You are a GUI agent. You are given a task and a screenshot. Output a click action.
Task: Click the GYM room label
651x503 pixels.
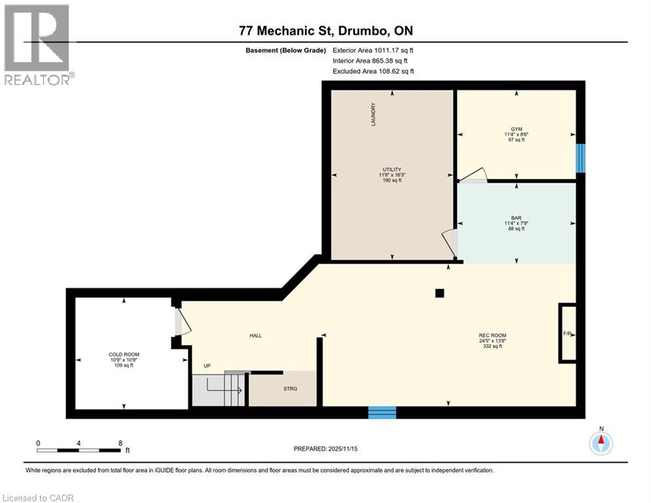click(x=516, y=129)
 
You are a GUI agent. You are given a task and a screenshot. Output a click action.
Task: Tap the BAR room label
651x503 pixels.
click(x=516, y=217)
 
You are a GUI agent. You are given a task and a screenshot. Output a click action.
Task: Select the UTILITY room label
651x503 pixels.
click(x=392, y=169)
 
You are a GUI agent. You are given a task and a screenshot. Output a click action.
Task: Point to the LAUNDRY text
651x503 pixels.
click(x=373, y=114)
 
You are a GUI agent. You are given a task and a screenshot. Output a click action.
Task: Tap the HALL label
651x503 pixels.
click(x=255, y=335)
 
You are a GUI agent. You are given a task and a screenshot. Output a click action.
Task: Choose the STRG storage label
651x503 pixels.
click(x=290, y=389)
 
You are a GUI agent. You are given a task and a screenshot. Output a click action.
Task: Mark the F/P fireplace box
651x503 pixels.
click(x=567, y=333)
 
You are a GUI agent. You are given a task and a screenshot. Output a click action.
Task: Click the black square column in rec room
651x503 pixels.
click(x=440, y=293)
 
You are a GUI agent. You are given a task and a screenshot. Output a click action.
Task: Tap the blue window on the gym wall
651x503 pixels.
click(x=580, y=158)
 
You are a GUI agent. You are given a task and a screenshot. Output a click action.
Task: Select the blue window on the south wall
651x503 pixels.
click(x=382, y=413)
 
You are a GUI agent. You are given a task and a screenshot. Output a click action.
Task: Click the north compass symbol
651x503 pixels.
click(x=600, y=443)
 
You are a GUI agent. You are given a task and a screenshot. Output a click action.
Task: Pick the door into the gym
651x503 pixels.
click(x=472, y=174)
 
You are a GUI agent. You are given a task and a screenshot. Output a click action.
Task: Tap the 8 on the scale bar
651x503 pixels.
click(x=120, y=443)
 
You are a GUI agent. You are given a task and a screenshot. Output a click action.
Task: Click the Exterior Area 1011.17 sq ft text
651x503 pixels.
click(x=374, y=50)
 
